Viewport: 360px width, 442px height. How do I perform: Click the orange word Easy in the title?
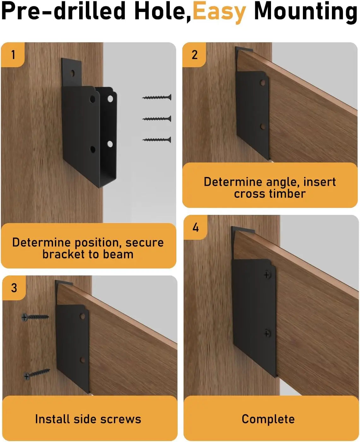coord(220,12)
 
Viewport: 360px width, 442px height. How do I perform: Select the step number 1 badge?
coord(13,55)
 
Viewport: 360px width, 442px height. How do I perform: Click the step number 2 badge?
coord(194,55)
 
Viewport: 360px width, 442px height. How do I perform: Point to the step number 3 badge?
coord(14,288)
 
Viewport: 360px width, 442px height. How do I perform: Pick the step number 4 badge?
coord(195,227)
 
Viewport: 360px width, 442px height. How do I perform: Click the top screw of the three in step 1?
coord(157,97)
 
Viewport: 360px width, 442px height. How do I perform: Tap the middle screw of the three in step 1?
coord(157,119)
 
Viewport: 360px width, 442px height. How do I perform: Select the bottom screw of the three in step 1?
coord(157,140)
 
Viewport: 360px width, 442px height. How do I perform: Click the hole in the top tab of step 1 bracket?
coord(73,73)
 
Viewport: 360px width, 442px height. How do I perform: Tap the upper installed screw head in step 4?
coord(267,275)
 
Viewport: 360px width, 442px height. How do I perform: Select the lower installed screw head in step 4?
coord(267,333)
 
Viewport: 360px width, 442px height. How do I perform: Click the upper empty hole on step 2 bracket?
coord(263,83)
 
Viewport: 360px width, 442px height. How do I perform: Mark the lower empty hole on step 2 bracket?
coord(263,127)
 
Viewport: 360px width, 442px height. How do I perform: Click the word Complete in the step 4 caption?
coord(268,419)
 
